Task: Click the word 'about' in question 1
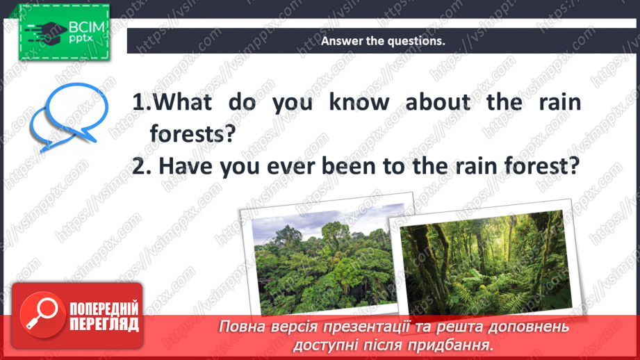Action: coord(438,103)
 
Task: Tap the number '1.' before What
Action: coord(142,103)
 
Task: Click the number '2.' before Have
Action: coord(142,167)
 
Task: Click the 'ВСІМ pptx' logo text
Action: coord(85,32)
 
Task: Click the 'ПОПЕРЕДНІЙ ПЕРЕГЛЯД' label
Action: coord(104,316)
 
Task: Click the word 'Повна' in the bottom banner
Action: coord(243,327)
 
